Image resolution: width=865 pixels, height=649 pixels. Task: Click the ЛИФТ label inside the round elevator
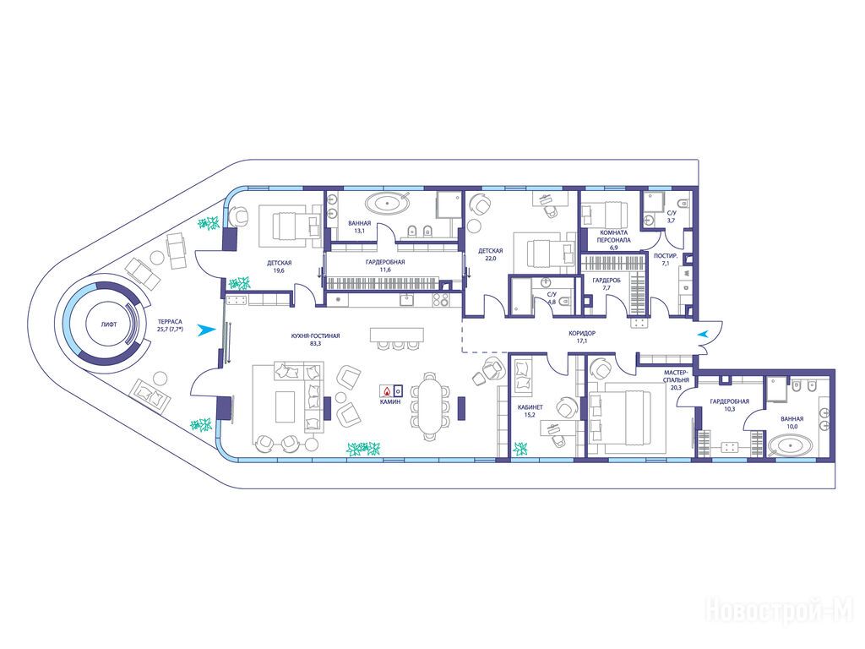[x=109, y=324]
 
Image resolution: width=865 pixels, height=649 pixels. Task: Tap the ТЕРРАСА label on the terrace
[x=169, y=321]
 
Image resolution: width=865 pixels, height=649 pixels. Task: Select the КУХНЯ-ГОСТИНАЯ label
[x=316, y=335]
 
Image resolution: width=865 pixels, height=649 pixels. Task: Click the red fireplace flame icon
[x=387, y=390]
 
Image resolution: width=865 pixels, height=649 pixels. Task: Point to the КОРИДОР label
[x=582, y=333]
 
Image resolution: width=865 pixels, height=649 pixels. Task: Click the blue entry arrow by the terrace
[x=206, y=330]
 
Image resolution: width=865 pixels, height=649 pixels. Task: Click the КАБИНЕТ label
[x=530, y=407]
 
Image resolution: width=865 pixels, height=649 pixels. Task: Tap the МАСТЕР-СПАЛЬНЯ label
[x=677, y=376]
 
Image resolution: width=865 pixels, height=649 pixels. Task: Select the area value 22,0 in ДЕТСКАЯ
[x=491, y=259]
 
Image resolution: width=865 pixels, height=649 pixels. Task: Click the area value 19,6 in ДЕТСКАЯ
[x=279, y=270]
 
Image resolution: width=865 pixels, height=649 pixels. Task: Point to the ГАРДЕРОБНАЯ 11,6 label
[x=385, y=265]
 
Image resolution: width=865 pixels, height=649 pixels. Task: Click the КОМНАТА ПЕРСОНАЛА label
[x=614, y=237]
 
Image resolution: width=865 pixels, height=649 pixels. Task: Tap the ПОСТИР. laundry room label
[x=661, y=256]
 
